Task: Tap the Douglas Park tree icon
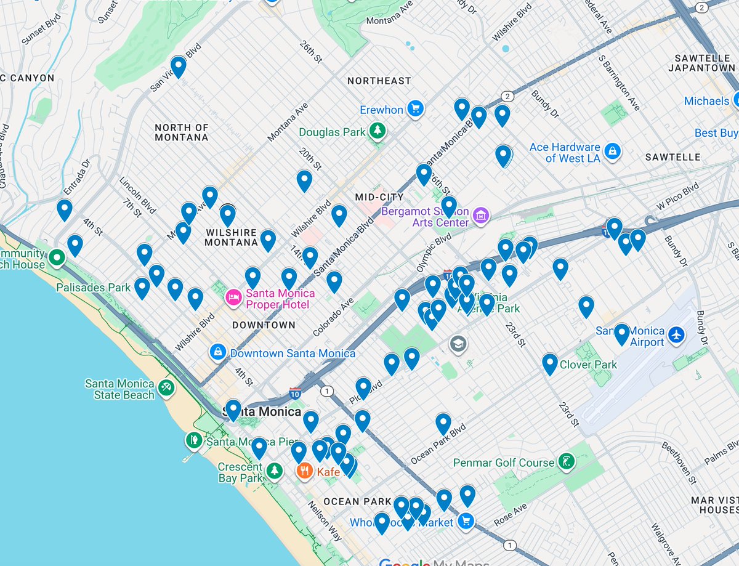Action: click(x=377, y=131)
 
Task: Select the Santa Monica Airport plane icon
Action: click(x=676, y=336)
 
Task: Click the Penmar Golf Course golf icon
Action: click(x=565, y=461)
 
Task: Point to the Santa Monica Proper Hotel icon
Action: click(x=233, y=298)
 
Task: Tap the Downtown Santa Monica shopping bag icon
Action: click(x=217, y=352)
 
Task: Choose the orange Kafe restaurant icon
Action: click(x=305, y=472)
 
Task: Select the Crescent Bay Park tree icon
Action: click(x=274, y=471)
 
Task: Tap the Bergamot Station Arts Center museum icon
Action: click(x=482, y=216)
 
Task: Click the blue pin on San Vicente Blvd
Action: click(x=178, y=66)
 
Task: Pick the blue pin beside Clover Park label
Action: click(x=549, y=363)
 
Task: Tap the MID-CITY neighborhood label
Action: click(x=379, y=197)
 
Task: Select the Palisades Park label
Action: click(x=93, y=287)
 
